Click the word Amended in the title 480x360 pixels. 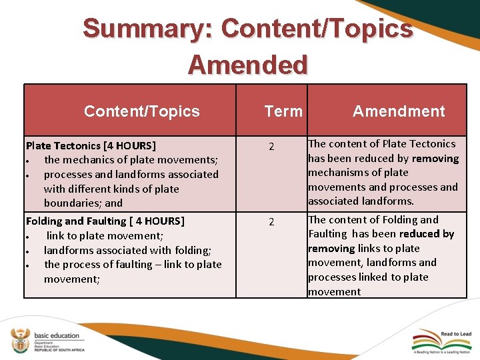coord(247,65)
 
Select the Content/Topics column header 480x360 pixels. coord(141,111)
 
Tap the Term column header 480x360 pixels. coord(283,111)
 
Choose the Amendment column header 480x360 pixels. coord(399,111)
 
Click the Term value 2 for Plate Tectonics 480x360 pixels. coord(271,147)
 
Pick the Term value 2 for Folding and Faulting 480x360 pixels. coord(271,222)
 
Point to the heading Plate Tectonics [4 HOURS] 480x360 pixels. coord(91,145)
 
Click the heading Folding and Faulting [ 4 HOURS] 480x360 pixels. coord(105,221)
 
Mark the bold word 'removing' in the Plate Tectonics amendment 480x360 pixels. coord(435,159)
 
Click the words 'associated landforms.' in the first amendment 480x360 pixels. coord(361,201)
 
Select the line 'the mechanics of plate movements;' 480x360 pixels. coord(131,160)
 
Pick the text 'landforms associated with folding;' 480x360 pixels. coord(127,251)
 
